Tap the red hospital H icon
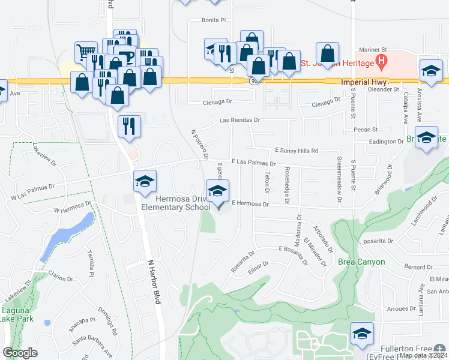(x=380, y=61)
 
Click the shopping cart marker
(x=85, y=52)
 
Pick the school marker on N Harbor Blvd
(x=144, y=182)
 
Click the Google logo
(x=20, y=353)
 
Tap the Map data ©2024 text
(x=423, y=355)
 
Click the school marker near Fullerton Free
(x=362, y=333)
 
